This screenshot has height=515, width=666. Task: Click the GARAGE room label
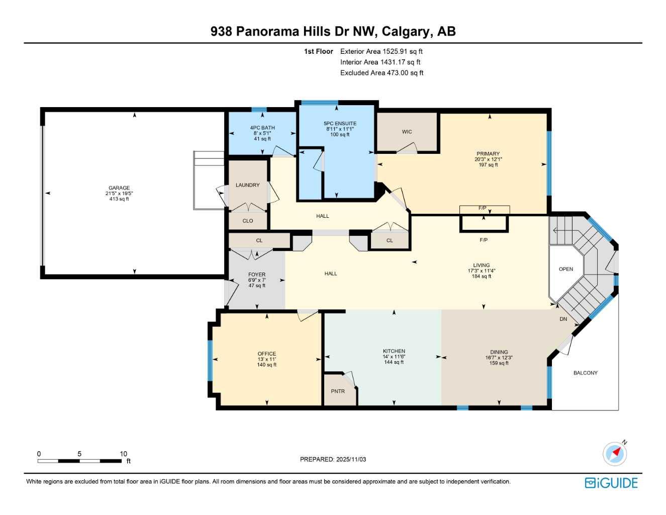point(119,188)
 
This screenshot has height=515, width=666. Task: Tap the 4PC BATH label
point(262,128)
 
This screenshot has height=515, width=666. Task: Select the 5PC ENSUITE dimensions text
point(340,129)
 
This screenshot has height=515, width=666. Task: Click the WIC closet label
point(407,132)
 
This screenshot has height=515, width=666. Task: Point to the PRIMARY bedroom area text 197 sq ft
point(488,165)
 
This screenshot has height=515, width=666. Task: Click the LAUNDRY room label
point(247,185)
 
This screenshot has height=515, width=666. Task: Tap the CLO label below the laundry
point(247,221)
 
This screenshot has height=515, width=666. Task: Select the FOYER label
point(257,275)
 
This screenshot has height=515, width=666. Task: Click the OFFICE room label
point(267,354)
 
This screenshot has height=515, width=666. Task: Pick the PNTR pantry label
point(338,391)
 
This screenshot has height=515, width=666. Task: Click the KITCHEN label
point(394,351)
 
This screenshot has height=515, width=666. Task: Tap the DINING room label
point(499,352)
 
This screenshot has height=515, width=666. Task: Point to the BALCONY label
point(586,373)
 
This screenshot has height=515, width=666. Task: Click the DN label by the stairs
point(563,319)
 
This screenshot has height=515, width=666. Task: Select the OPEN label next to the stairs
point(566,269)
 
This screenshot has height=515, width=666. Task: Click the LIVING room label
point(481,265)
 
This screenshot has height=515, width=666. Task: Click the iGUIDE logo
point(611,483)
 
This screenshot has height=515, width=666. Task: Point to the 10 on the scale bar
point(123,454)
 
